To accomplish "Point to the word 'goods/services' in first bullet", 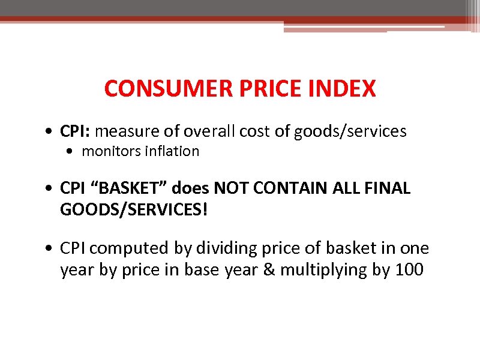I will [350, 131].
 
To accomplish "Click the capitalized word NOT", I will [230, 189].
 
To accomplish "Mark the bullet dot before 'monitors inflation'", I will [73, 152].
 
